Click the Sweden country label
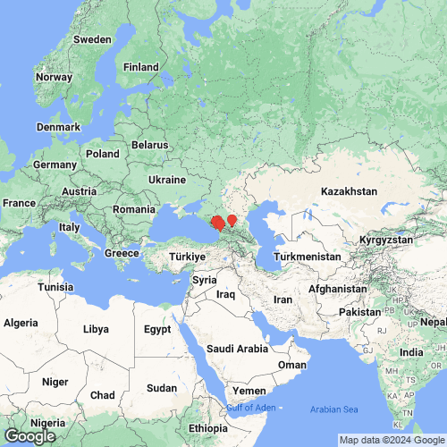coord(92,39)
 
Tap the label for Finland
coord(140,66)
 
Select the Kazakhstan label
coord(350,192)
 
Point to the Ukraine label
coord(167,180)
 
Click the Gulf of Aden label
coord(250,409)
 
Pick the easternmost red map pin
coord(232,219)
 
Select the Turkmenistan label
coord(307,257)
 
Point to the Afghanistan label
coord(337,290)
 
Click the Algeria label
coord(22,322)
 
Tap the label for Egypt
coord(157,329)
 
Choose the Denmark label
coord(58,127)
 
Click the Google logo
coord(30,435)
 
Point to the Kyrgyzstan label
coord(385,240)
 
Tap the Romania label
coord(134,209)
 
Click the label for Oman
coord(292,365)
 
